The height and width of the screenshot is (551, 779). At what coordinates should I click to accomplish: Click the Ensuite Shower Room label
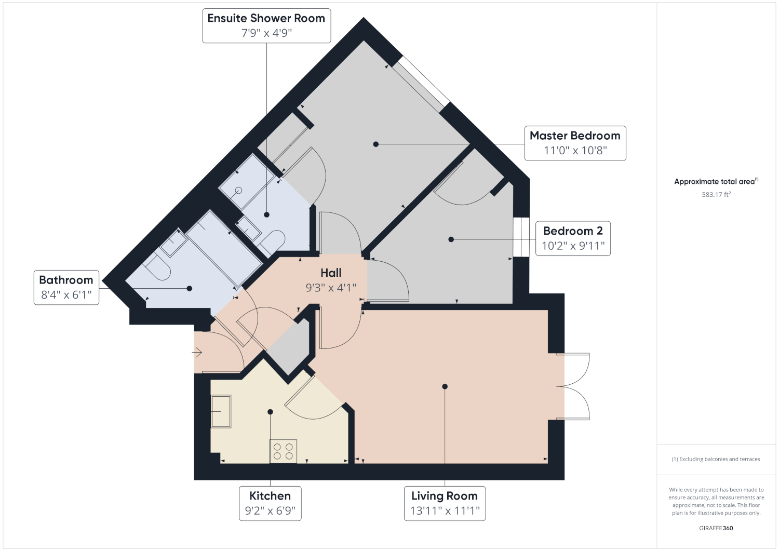click(x=266, y=18)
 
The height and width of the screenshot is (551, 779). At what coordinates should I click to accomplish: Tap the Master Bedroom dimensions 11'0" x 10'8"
click(x=575, y=151)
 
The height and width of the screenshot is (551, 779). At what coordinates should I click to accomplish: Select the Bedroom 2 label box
click(x=573, y=238)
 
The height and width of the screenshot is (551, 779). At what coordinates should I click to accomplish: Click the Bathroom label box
click(x=66, y=287)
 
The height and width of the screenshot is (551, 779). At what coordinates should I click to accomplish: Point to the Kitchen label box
click(x=270, y=503)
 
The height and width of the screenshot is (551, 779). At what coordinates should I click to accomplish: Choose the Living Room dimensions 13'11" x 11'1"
click(x=445, y=510)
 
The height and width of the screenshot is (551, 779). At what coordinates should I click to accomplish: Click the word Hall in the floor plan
click(x=331, y=273)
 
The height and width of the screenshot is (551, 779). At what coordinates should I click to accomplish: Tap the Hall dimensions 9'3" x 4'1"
click(x=331, y=288)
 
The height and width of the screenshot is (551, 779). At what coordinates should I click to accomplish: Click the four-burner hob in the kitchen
click(x=283, y=451)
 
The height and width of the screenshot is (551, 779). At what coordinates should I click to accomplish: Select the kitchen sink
click(x=221, y=411)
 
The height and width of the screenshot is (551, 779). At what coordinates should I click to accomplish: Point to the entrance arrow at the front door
click(x=197, y=353)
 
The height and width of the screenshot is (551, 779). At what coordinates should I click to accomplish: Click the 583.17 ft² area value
click(x=716, y=194)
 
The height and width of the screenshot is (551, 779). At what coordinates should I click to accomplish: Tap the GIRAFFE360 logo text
click(x=716, y=528)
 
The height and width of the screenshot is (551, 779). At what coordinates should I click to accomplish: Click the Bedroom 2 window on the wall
click(x=521, y=237)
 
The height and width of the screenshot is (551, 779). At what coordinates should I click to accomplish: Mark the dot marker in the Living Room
click(x=445, y=386)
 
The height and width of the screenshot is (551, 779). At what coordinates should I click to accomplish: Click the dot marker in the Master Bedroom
click(x=375, y=144)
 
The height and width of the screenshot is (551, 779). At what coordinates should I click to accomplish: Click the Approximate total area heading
click(x=716, y=181)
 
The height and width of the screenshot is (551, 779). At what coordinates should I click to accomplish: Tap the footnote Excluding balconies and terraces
click(x=716, y=459)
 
